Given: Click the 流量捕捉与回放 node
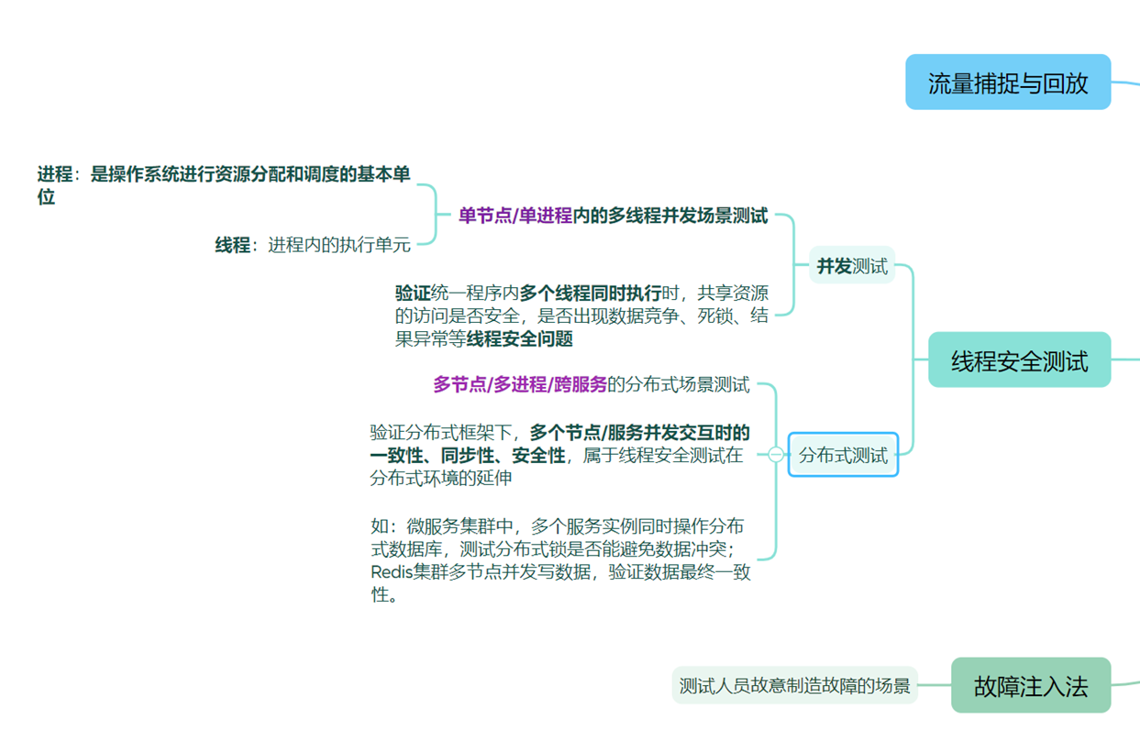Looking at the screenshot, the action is tap(1008, 83).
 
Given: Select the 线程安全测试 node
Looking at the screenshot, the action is tap(1019, 360).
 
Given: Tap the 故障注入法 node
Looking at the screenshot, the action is tap(1030, 686).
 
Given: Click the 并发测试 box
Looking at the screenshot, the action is tap(852, 267).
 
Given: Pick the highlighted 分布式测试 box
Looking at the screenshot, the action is tap(843, 455).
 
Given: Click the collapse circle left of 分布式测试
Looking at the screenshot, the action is tap(776, 454).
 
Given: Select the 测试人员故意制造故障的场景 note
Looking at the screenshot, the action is tap(794, 685).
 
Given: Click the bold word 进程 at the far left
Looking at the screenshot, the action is tap(54, 174).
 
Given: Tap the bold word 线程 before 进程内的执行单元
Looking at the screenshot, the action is tap(232, 245).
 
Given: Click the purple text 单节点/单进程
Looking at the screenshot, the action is tap(515, 216).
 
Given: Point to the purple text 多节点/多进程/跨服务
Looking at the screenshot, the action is tap(520, 384).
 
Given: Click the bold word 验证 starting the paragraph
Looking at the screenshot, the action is tap(412, 293).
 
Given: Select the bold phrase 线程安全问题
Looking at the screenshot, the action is tap(520, 339).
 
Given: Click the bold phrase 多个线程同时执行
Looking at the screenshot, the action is tap(590, 293).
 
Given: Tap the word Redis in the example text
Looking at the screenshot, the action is tap(391, 572).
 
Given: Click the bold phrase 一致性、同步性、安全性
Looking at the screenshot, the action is tap(468, 456).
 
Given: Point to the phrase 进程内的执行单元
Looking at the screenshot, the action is tap(339, 245).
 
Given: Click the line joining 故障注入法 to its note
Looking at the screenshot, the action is tap(935, 684).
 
